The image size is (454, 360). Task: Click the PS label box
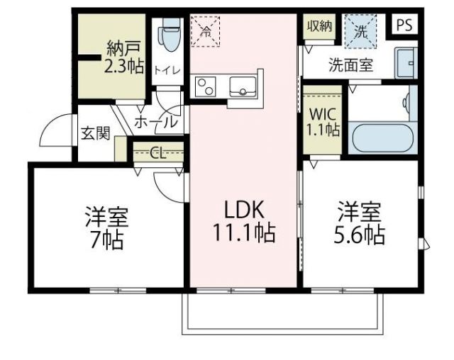404,25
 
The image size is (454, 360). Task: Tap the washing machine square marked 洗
361,30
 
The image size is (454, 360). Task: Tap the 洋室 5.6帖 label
360,223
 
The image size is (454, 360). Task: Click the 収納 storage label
319,26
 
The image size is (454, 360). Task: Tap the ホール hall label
155,122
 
